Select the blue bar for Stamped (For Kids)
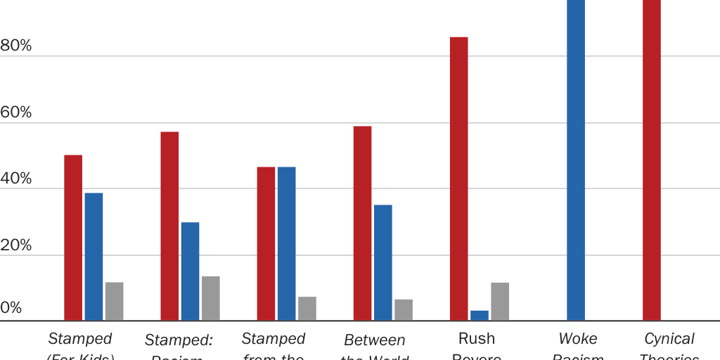pos(94,257)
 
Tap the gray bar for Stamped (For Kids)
pos(114,301)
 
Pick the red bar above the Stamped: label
pos(169,226)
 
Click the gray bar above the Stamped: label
pos(210,298)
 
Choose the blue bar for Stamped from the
pos(286,243)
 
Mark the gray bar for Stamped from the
pos(307,308)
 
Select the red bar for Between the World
pos(362,223)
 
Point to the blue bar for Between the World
pos(382,262)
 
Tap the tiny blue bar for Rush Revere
pos(480,315)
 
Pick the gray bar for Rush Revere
pos(500,301)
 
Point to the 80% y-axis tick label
pos(16,46)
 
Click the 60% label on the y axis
pos(16,112)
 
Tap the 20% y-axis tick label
pos(16,245)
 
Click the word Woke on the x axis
pos(577,339)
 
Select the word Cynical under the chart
pos(669,339)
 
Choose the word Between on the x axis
pos(374,340)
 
